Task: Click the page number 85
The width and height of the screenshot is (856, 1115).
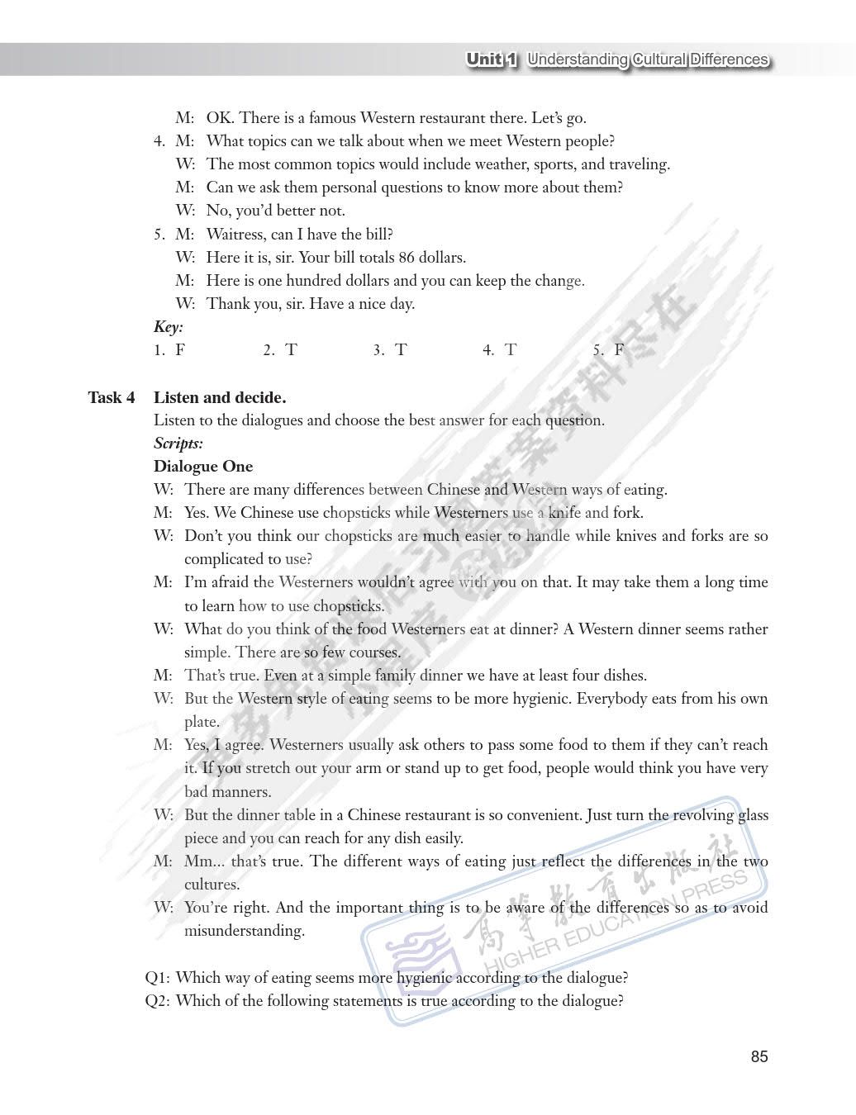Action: coord(759,1056)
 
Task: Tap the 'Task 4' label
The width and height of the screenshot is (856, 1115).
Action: coord(112,397)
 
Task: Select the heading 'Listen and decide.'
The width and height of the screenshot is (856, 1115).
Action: coord(220,397)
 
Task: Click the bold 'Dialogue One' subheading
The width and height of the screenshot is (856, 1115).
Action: coord(203,466)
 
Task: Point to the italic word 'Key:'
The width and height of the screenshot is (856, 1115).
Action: coord(169,327)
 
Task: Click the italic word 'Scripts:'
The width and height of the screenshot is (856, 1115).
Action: coord(178,444)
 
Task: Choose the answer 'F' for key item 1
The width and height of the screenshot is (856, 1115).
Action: coord(180,349)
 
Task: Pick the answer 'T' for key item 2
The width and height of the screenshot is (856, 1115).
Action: coord(291,349)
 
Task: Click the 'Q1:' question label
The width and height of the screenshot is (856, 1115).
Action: coord(158,978)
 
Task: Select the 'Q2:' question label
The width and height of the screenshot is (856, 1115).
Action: coord(158,1001)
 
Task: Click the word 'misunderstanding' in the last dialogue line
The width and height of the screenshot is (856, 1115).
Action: coord(245,931)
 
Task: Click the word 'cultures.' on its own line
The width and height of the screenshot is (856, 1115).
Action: coord(212,885)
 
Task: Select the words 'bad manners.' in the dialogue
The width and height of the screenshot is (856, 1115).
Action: coord(227,791)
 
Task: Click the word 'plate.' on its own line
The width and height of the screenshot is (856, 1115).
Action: coord(202,722)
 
